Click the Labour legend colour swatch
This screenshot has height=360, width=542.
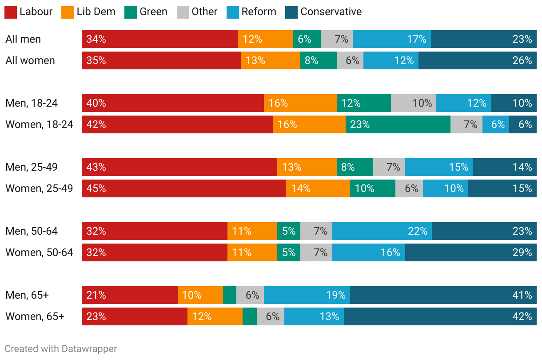point(11,12)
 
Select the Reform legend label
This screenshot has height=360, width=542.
point(259,12)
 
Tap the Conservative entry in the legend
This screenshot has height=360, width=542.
point(331,12)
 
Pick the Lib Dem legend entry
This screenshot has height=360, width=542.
point(96,12)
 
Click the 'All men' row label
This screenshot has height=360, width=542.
point(23,39)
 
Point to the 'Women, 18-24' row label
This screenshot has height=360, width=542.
point(39,124)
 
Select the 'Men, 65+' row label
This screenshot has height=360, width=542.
point(27,295)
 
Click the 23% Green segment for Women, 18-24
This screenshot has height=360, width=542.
point(398,124)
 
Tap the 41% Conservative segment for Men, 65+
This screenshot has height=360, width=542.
point(443,295)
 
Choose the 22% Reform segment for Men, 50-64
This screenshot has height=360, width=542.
point(382,231)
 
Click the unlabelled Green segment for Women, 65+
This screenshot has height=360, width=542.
point(250,316)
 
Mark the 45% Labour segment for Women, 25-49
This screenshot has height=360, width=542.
point(183,188)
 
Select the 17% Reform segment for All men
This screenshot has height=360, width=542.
point(391,39)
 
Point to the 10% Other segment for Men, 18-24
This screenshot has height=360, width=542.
point(413,103)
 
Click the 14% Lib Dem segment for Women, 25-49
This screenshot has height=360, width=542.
point(318,188)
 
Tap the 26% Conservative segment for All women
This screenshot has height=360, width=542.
point(477,60)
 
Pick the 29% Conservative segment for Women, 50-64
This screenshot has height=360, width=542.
point(470,252)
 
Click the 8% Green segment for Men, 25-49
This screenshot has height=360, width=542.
point(355,167)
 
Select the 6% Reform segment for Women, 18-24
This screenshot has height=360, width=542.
point(495,124)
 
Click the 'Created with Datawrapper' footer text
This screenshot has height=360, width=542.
point(61,349)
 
